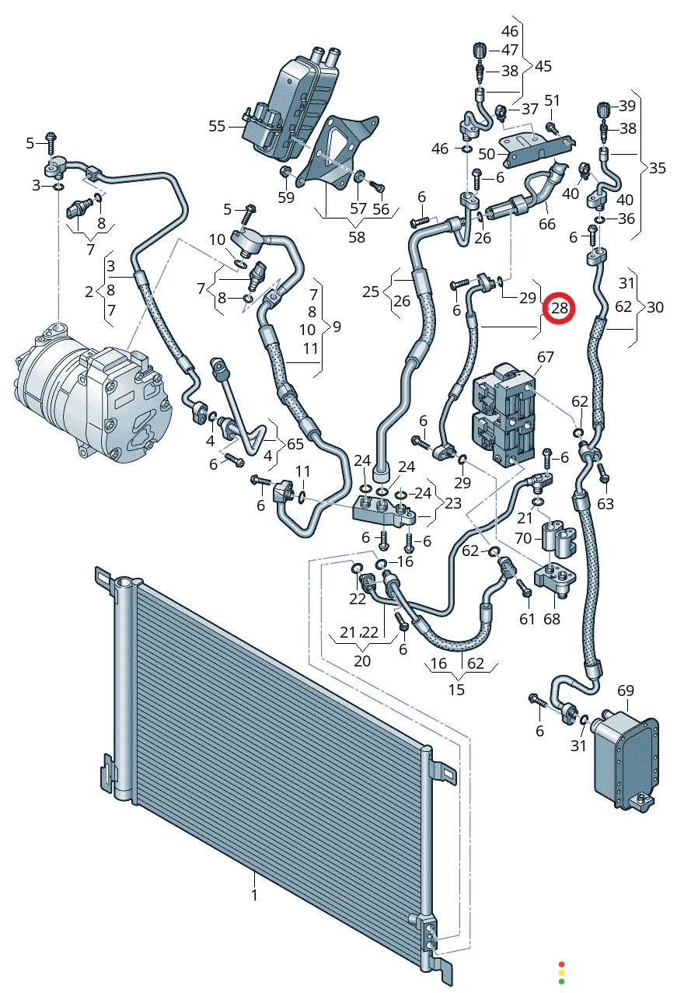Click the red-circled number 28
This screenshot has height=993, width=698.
pyautogui.click(x=560, y=308)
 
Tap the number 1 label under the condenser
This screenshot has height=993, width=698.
pyautogui.click(x=254, y=895)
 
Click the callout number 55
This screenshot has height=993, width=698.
pyautogui.click(x=217, y=125)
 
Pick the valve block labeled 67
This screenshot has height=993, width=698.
pyautogui.click(x=504, y=417)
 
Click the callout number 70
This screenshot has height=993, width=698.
pyautogui.click(x=522, y=537)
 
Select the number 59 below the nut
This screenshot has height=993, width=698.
pyautogui.click(x=286, y=198)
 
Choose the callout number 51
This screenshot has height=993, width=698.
pyautogui.click(x=552, y=100)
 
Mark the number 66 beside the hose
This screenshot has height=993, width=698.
pyautogui.click(x=547, y=223)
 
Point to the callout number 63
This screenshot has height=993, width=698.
pyautogui.click(x=606, y=504)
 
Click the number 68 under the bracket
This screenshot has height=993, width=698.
pyautogui.click(x=551, y=620)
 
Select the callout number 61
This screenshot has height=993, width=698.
pyautogui.click(x=528, y=618)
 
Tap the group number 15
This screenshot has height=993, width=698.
pyautogui.click(x=456, y=689)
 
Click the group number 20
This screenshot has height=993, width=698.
pyautogui.click(x=362, y=661)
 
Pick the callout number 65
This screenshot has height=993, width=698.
pyautogui.click(x=295, y=444)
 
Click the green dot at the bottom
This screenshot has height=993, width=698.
pyautogui.click(x=561, y=981)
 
